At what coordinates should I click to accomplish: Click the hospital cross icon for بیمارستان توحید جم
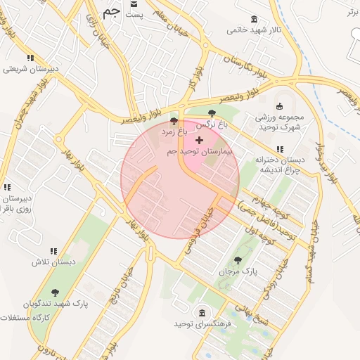199,141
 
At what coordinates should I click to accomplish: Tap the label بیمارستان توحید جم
199,152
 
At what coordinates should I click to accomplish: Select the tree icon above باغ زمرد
174,121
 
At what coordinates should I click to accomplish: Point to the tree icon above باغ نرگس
212,114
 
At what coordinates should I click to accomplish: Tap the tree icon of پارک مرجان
237,259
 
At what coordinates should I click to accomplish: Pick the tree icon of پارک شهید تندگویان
55,292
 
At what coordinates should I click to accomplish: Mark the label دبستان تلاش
52,262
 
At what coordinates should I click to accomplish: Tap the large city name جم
110,12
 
